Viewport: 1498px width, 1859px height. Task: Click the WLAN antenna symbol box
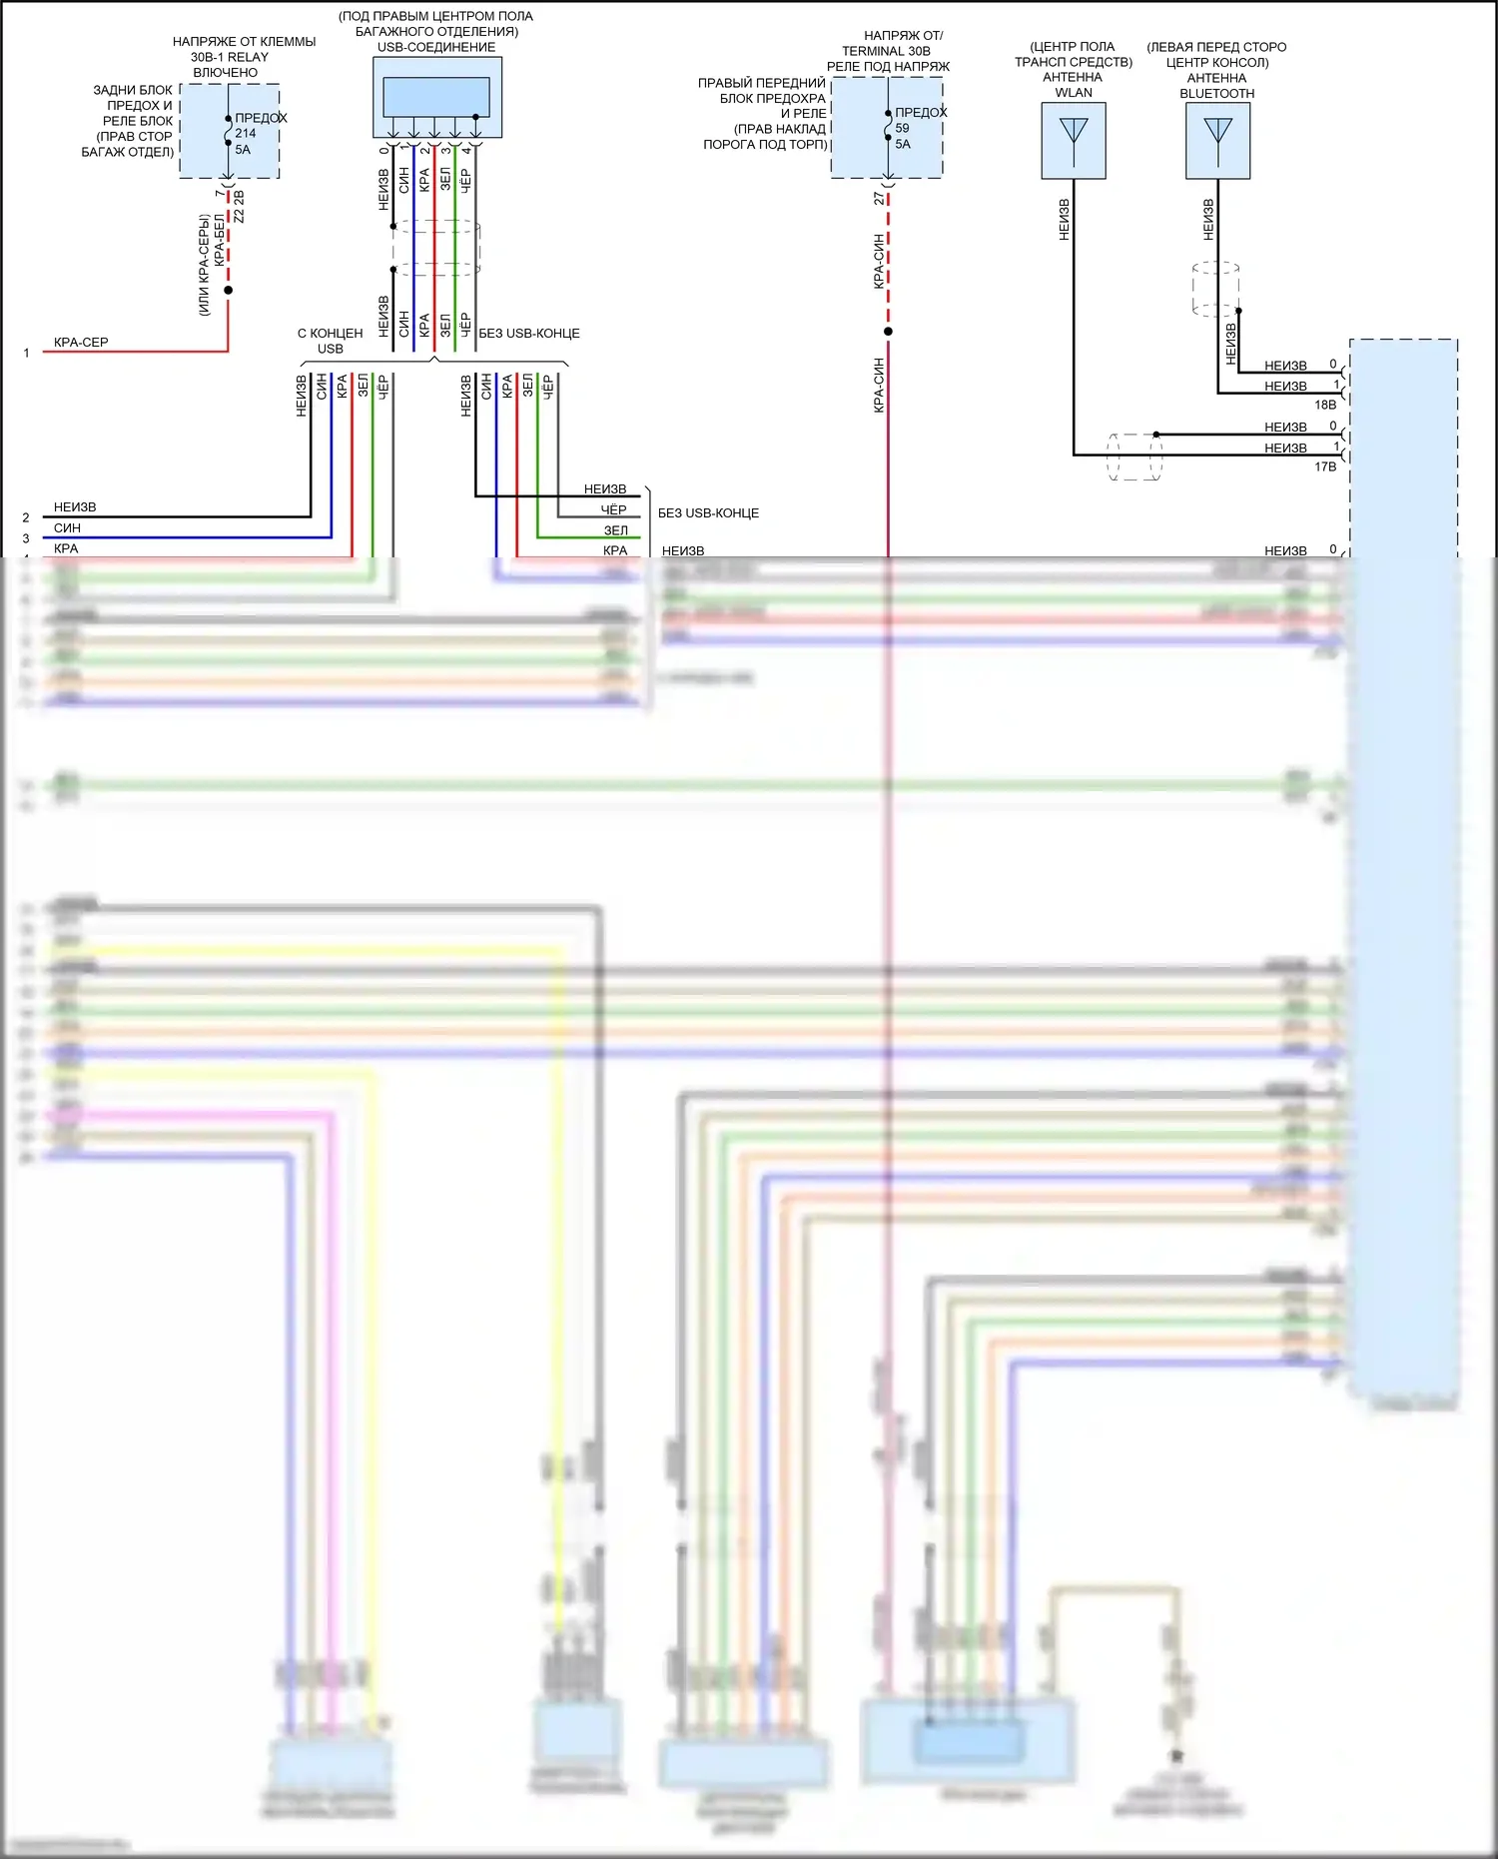1074,140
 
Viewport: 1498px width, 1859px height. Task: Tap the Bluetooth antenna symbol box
1217,140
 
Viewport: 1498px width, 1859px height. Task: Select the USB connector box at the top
436,97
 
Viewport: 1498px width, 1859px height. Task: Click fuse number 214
246,133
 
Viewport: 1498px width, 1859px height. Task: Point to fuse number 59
903,128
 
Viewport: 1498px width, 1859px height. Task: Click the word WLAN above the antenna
1074,93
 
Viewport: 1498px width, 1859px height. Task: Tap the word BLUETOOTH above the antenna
1216,94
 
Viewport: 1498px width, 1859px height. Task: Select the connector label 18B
1325,405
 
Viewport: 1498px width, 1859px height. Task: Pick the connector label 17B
1325,466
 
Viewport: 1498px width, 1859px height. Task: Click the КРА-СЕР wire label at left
81,343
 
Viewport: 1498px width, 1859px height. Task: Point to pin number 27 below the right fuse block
879,199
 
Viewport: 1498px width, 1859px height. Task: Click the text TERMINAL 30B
886,51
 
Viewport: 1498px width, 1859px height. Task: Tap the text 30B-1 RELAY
230,57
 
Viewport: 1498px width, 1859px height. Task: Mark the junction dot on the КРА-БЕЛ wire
229,291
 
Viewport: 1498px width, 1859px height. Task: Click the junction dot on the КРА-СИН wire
888,332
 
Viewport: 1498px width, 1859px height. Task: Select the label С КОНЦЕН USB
330,341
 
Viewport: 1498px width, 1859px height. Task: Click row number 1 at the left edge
26,353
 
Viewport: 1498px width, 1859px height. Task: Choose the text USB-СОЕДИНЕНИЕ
436,47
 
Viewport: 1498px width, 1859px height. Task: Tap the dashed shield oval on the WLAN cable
1135,457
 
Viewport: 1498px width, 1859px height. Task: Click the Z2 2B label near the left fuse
239,207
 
